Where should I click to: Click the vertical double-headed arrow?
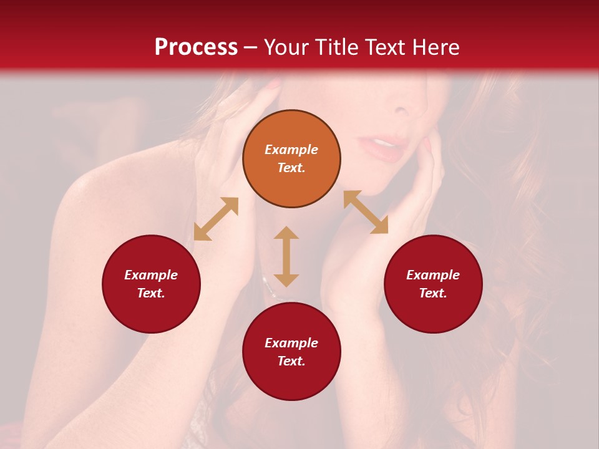286,256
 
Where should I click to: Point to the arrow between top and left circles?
216,218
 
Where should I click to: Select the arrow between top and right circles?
366,212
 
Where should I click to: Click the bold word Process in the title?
196,47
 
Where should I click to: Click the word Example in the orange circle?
291,150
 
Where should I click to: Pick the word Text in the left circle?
151,293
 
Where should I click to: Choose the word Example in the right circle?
433,275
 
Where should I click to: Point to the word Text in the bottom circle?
291,361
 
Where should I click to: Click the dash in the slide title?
251,48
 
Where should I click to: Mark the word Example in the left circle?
151,275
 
